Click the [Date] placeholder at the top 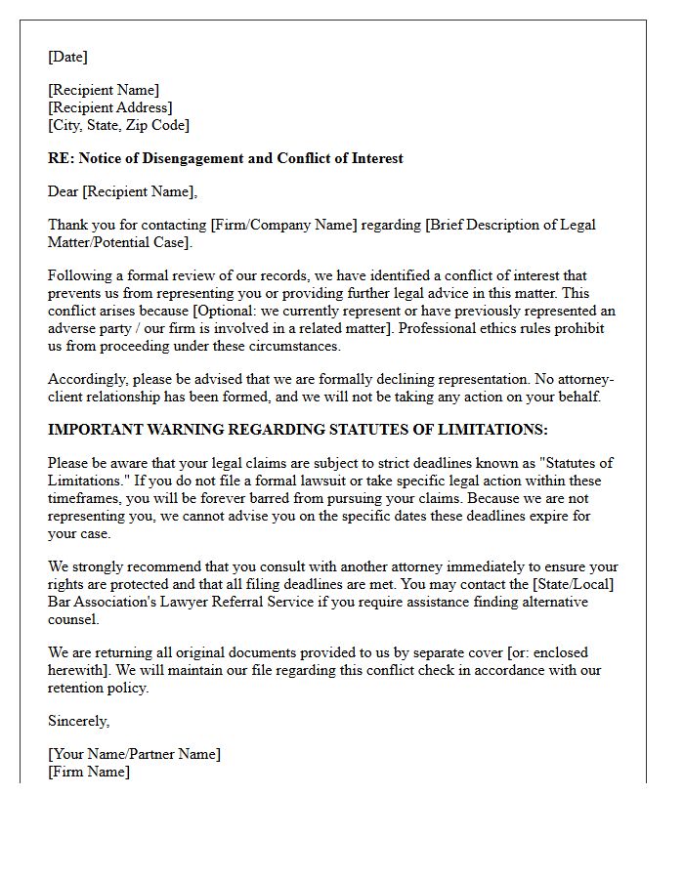coord(67,58)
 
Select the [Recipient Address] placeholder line coord(109,108)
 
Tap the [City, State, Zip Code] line coord(118,126)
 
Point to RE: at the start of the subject coord(60,159)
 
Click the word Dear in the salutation coord(64,192)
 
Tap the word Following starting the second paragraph coord(80,276)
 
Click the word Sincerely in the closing coord(78,722)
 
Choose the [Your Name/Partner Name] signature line coord(134,755)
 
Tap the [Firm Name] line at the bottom coord(88,773)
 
